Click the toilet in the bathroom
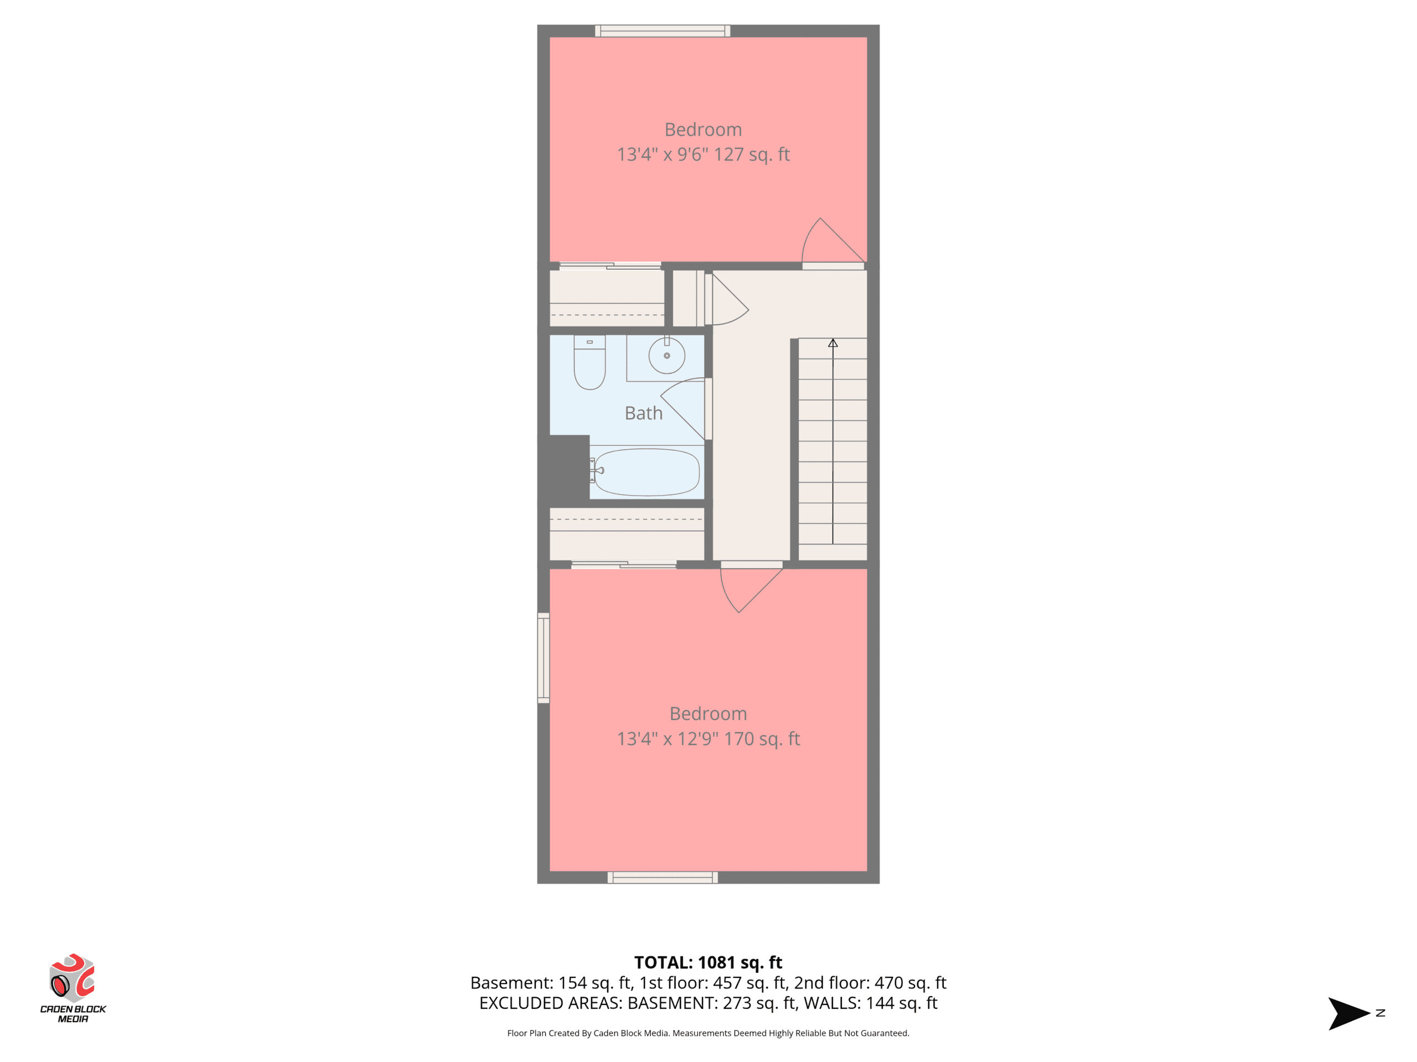coord(589,362)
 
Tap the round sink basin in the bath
coord(667,355)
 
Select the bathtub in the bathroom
coord(647,472)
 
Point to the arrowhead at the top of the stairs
coord(833,343)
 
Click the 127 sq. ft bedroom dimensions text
coord(703,154)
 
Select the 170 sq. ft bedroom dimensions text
coord(708,739)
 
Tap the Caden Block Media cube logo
coord(73,977)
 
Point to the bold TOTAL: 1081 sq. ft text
coord(708,962)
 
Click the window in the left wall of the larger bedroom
coord(543,658)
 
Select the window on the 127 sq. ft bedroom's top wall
coord(663,31)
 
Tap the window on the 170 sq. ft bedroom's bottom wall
coord(663,878)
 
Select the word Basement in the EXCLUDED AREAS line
coord(671,1003)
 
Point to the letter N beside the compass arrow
coord(1380,1013)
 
